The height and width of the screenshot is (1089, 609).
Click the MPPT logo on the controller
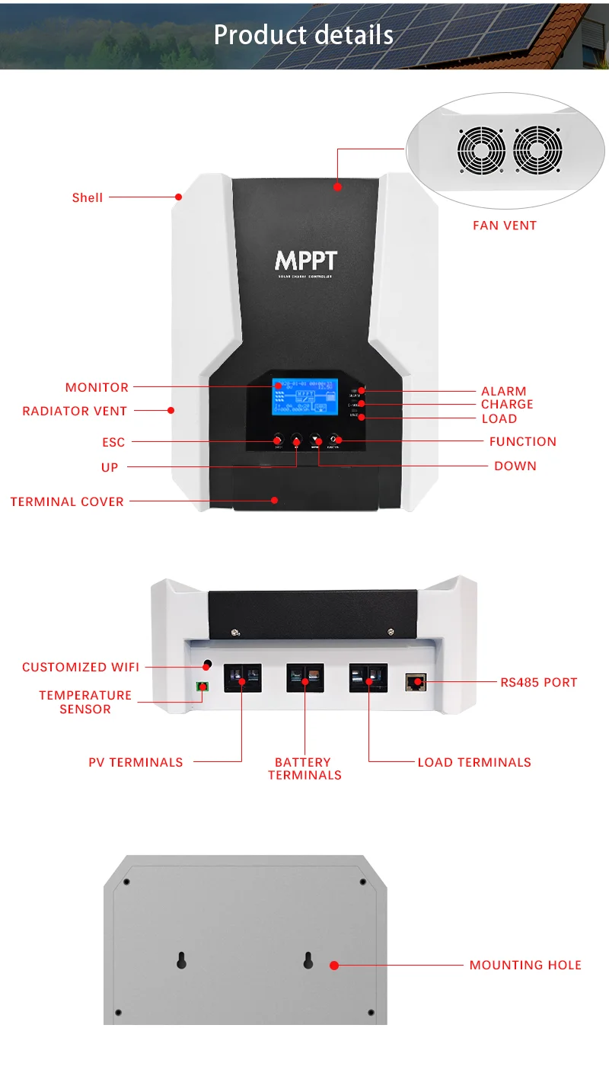click(305, 261)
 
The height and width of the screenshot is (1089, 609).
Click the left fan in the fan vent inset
click(481, 150)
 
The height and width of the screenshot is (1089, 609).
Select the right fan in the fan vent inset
click(537, 150)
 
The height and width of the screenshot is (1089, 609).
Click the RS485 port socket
click(416, 681)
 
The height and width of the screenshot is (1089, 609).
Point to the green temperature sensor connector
click(202, 687)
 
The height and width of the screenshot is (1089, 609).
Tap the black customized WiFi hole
click(207, 665)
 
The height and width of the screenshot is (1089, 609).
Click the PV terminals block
click(242, 677)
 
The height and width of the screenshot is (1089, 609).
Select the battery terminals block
click(304, 677)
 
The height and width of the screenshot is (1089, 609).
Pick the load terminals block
click(368, 677)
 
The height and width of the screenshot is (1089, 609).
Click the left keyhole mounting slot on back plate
click(181, 960)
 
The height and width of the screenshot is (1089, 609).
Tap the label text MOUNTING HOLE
click(525, 965)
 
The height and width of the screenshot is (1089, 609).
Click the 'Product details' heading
click(304, 35)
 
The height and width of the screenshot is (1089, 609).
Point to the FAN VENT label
click(505, 226)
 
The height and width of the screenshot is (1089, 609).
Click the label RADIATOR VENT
click(75, 411)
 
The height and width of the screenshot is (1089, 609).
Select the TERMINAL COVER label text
click(67, 501)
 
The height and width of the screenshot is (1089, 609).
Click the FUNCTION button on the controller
click(336, 440)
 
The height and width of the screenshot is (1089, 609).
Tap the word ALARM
click(503, 391)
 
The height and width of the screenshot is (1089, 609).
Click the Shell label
click(88, 197)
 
